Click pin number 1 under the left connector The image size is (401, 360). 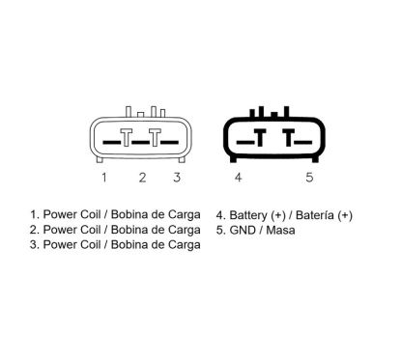click(x=104, y=178)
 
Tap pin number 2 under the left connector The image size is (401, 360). click(x=142, y=178)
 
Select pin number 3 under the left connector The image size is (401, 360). click(x=177, y=178)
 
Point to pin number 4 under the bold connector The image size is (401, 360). click(x=238, y=178)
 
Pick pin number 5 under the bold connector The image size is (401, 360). click(x=309, y=178)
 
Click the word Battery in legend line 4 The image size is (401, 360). click(x=248, y=215)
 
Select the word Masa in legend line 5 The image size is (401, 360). click(x=281, y=230)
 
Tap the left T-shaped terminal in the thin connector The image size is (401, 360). click(x=127, y=137)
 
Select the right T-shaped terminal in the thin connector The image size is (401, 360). click(x=155, y=137)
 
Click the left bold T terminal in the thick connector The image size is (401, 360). click(x=260, y=137)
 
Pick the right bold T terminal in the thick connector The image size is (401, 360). click(x=289, y=137)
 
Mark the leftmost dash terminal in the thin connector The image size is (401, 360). click(x=111, y=142)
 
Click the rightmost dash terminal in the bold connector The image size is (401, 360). click(x=303, y=142)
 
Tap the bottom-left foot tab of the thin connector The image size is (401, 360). click(x=100, y=159)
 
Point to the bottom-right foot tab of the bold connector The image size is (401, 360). click(x=315, y=159)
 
